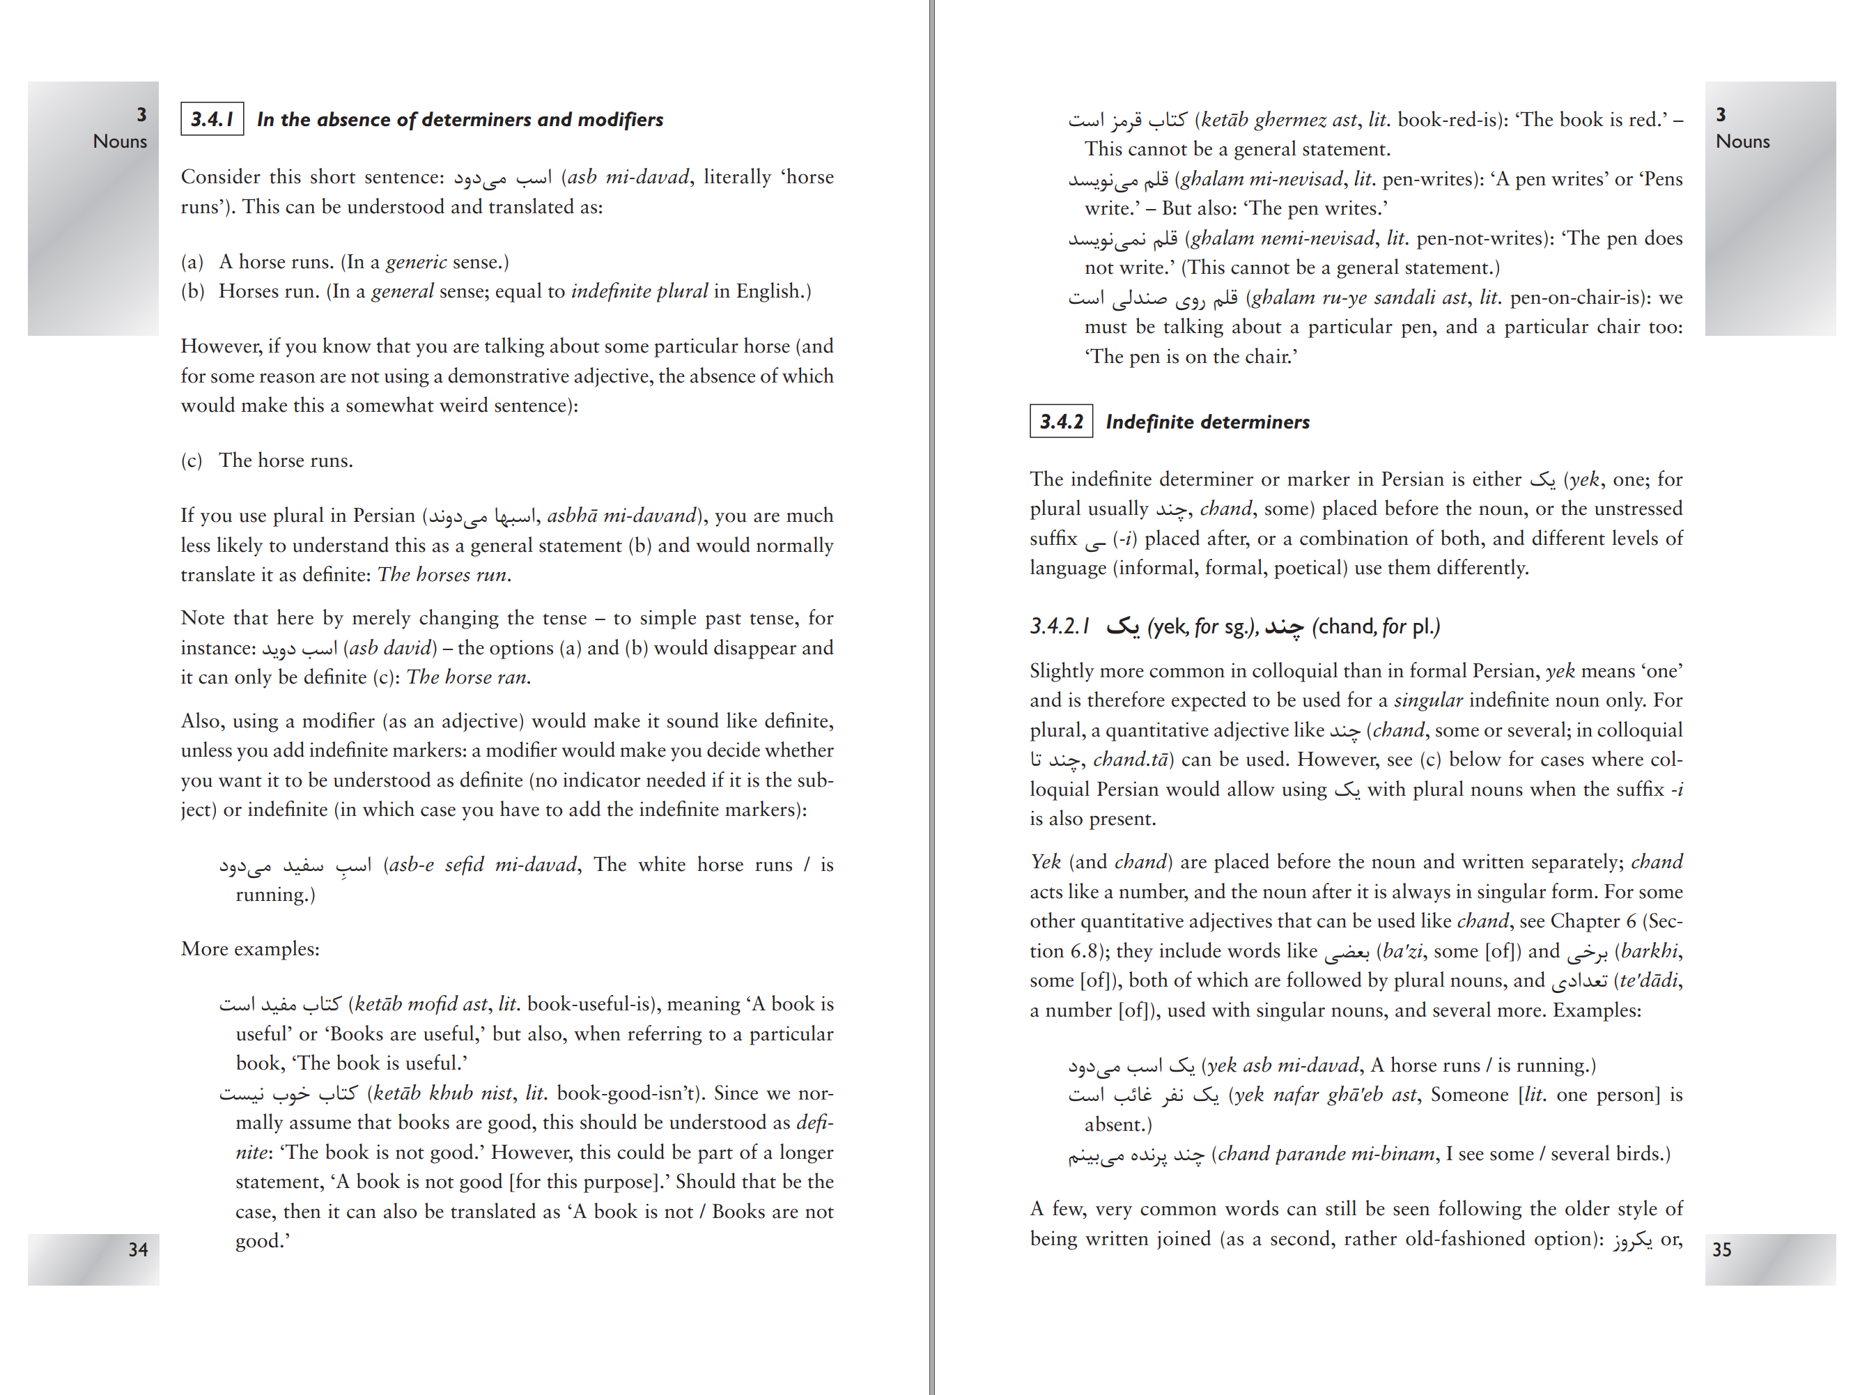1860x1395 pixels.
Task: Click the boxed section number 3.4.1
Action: click(x=212, y=119)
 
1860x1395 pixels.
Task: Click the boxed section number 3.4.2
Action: click(x=1061, y=422)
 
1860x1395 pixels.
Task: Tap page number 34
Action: click(x=138, y=1249)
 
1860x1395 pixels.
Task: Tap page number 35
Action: click(x=1721, y=1249)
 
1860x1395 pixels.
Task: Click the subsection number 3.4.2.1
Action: click(x=1060, y=626)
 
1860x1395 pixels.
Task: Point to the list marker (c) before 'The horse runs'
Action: click(x=192, y=460)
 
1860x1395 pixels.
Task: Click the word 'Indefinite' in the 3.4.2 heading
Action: click(x=1149, y=422)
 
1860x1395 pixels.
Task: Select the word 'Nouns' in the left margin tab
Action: click(x=121, y=141)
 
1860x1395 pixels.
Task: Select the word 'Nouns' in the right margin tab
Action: click(x=1742, y=141)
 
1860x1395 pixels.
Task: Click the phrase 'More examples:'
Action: click(x=249, y=948)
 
